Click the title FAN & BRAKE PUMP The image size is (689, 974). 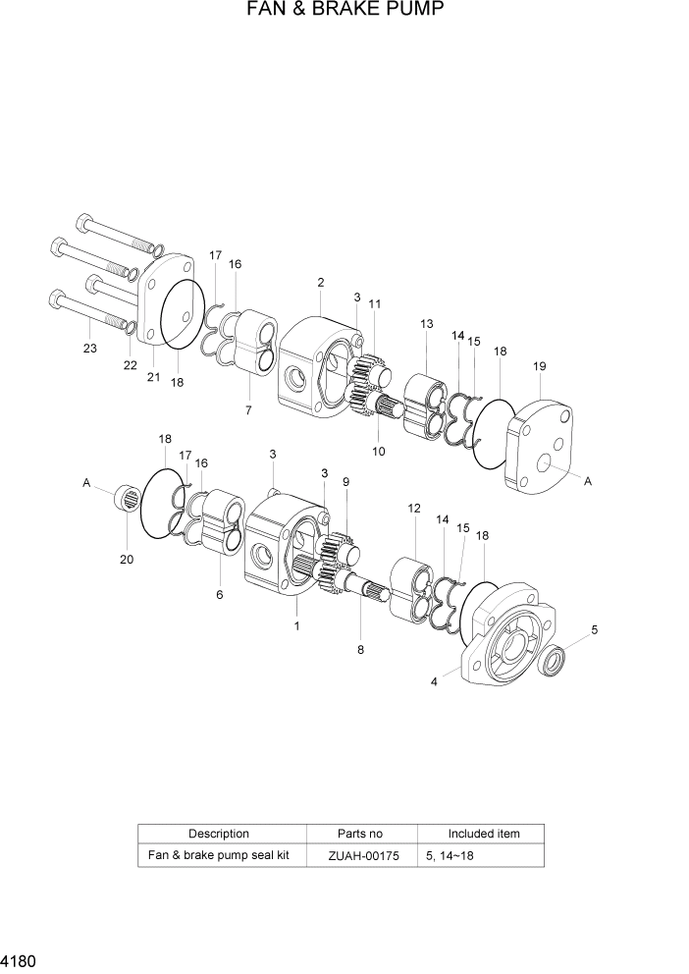[344, 11]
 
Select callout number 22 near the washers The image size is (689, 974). [129, 365]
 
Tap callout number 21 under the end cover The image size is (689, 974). [153, 377]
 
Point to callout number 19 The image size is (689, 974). [539, 366]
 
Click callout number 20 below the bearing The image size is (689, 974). [126, 560]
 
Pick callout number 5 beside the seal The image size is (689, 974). [594, 629]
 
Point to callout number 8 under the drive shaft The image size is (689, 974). [360, 649]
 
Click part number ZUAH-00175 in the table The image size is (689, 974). [363, 856]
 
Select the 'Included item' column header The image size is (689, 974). [483, 834]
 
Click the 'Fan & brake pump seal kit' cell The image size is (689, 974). [218, 855]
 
